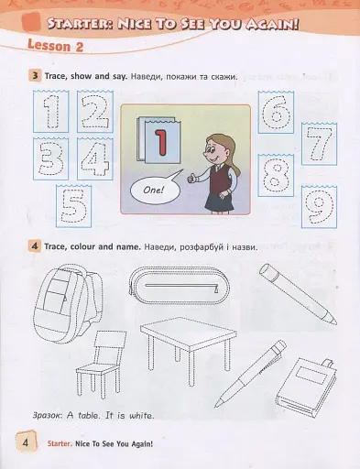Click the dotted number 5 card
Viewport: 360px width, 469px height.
[73, 206]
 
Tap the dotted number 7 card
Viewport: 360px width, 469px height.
[319, 144]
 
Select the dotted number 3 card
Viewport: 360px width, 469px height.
[50, 158]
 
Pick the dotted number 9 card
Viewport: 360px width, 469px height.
[319, 207]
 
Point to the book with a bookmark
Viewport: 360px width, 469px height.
[306, 386]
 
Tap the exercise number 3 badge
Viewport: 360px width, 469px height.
[35, 75]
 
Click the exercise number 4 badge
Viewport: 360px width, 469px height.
[35, 245]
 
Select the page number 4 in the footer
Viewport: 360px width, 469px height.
[26, 442]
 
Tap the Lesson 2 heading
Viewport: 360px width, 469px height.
[55, 46]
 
